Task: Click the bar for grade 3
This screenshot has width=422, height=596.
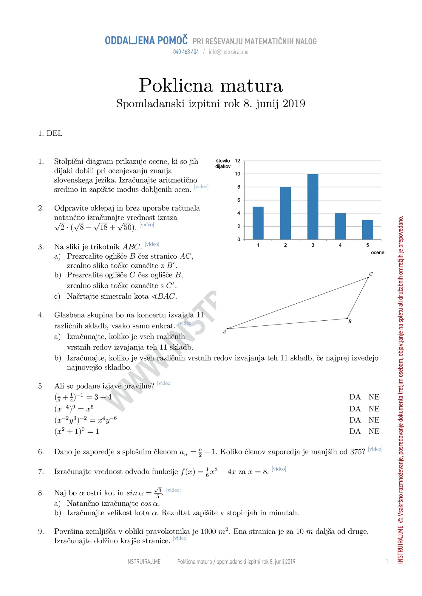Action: coord(313,207)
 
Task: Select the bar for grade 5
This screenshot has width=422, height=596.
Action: coord(367,229)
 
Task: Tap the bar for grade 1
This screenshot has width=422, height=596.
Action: coord(258,223)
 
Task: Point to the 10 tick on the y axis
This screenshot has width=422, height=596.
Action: coord(237,174)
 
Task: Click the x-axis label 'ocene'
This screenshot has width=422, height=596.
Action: coord(377,252)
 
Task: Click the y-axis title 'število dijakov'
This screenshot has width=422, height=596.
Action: coord(223,164)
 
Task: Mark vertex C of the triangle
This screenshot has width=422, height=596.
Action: coord(368,277)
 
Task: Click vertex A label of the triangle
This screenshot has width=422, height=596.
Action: coord(224,332)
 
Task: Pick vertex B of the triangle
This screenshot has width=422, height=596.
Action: coord(347,319)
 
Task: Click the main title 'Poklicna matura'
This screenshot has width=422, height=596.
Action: coord(211,86)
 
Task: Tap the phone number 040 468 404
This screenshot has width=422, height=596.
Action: coord(186,52)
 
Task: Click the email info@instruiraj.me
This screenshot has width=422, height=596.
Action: coord(228,52)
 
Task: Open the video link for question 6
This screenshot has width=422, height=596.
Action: coord(375,449)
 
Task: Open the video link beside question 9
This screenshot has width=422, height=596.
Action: coord(180,538)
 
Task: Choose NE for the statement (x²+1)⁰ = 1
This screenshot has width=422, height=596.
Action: coord(374,431)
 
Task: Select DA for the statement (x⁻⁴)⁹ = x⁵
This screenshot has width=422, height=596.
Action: coord(355,409)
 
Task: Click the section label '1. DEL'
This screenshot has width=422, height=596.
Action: coord(50,133)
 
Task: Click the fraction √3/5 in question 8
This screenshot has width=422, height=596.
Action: coord(158,493)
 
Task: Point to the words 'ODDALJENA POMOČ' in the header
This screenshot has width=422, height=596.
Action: coord(146,41)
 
